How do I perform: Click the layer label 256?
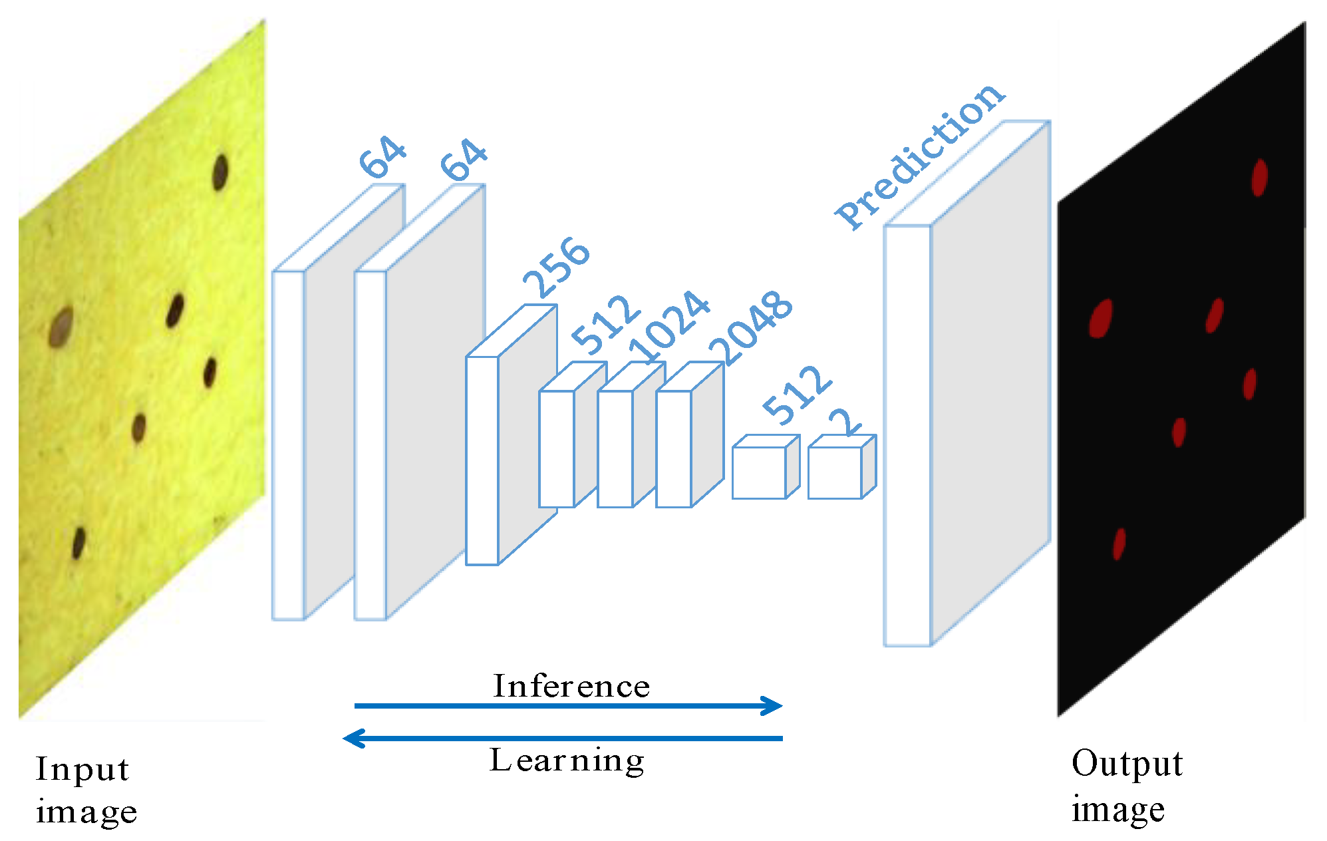click(x=556, y=267)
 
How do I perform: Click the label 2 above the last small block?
click(x=845, y=422)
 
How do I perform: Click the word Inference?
click(x=571, y=686)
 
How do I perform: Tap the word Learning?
click(x=567, y=760)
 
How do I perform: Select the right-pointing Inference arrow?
click(x=568, y=705)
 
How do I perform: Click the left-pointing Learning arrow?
click(x=563, y=738)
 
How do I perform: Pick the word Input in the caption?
click(x=82, y=770)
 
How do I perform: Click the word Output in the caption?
click(x=1127, y=764)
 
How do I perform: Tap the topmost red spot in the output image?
click(x=1259, y=177)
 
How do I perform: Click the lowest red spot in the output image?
click(x=1119, y=544)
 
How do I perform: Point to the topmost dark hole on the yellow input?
click(x=220, y=172)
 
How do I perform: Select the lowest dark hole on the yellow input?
click(x=78, y=543)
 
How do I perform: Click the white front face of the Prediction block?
click(x=907, y=435)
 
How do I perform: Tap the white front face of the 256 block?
click(x=482, y=460)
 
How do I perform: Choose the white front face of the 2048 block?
click(x=673, y=449)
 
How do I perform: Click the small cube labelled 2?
click(x=835, y=472)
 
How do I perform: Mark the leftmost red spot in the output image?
click(x=1101, y=318)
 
